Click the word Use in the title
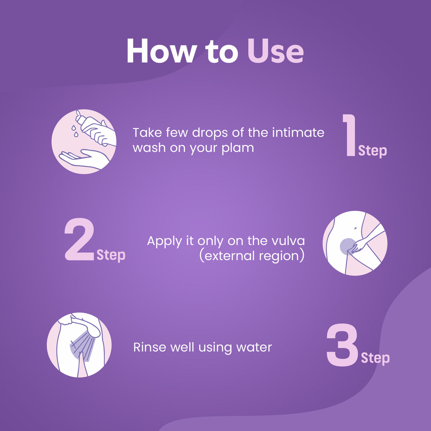275,51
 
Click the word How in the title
161,51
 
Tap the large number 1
349,136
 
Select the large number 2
80,240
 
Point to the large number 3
342,345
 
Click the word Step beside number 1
372,151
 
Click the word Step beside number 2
111,255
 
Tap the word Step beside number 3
375,358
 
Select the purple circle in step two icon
347,246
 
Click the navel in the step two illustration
355,228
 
